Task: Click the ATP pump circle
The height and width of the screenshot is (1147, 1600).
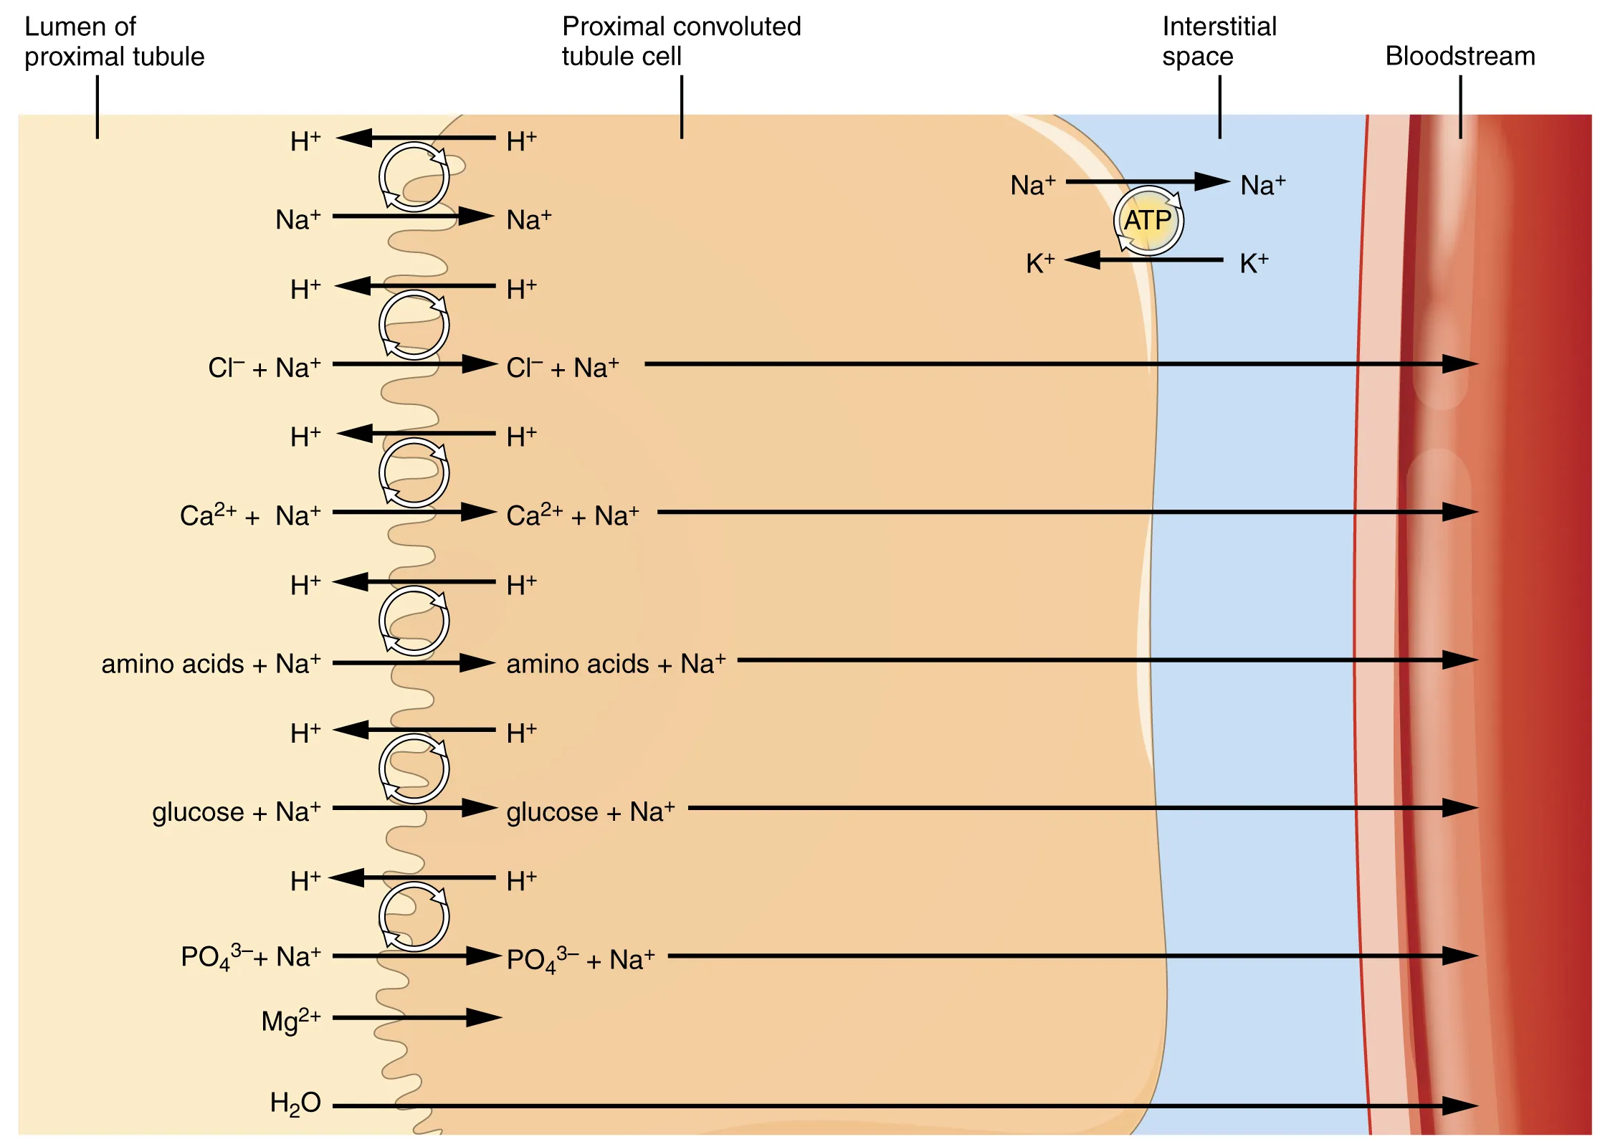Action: point(1148,221)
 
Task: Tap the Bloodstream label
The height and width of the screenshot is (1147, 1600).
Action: point(1459,56)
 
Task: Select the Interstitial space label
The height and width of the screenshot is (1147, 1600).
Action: point(1219,41)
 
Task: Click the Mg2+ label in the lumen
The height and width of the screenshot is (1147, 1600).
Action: point(290,1019)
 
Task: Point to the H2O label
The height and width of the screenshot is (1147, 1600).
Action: point(295,1103)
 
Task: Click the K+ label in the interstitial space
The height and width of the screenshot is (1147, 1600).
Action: point(1254,263)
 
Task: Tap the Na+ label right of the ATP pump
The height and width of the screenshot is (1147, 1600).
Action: point(1262,185)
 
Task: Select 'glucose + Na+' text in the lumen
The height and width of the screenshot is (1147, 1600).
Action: point(236,812)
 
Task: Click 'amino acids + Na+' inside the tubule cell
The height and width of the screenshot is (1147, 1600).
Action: point(615,664)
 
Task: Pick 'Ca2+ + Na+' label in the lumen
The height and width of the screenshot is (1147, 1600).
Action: point(249,515)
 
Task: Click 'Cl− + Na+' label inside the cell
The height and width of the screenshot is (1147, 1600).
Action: point(562,368)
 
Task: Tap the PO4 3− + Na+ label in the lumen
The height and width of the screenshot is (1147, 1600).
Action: point(250,957)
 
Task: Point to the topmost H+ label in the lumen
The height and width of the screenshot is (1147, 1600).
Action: point(305,141)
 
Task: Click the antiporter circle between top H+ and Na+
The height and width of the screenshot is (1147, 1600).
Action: point(414,177)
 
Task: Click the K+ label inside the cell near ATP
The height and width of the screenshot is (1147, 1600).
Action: point(1039,263)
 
